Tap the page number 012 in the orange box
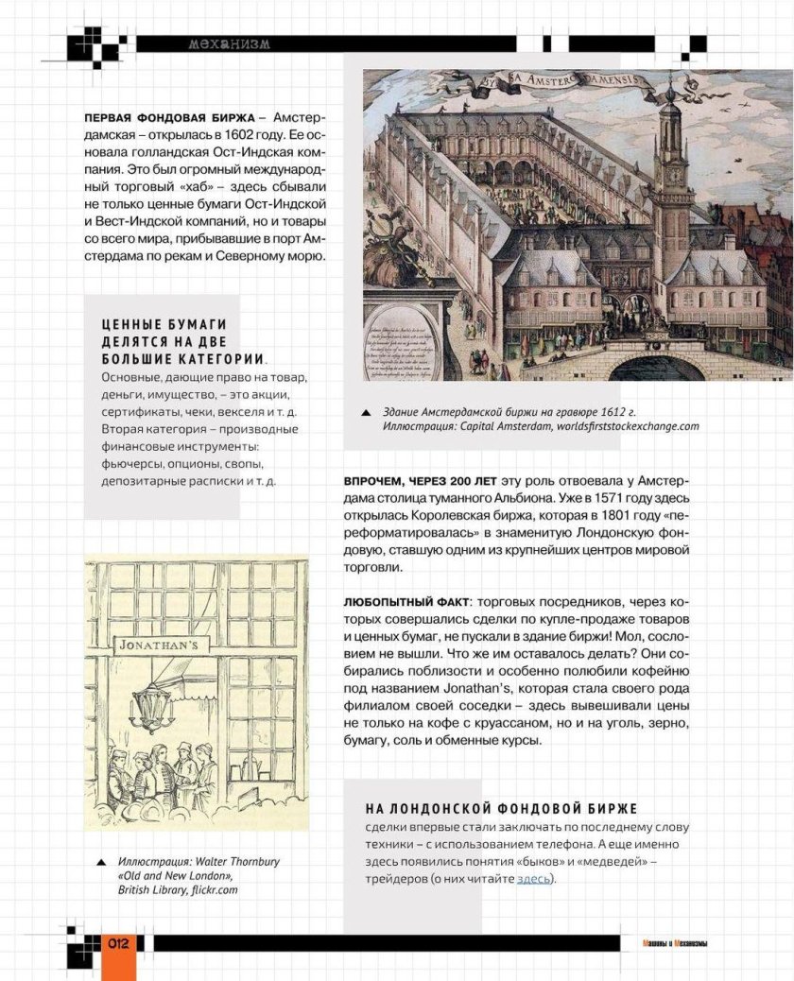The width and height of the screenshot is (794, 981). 118,944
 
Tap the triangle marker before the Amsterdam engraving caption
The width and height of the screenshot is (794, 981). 365,413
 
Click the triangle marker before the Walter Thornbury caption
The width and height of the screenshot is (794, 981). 100,863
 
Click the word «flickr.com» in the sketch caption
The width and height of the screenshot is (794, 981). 213,890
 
